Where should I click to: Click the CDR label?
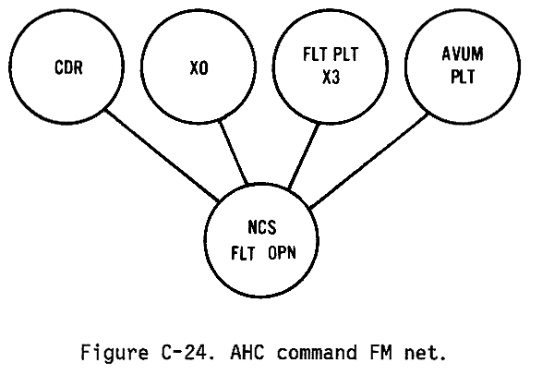68,67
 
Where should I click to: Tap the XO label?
199,67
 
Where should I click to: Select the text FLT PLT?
331,54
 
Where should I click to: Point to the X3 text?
331,77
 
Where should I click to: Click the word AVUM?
463,54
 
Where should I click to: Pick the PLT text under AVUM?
463,77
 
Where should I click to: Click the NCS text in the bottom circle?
262,227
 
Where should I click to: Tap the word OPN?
282,253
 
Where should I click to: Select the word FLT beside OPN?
243,253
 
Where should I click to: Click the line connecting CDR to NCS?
162,155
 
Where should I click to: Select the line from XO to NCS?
234,152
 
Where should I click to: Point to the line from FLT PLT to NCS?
304,157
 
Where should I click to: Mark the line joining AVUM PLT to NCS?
368,162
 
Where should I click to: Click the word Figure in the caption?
114,353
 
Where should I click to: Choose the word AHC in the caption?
247,353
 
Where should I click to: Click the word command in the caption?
317,353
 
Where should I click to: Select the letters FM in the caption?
381,353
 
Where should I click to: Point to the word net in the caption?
422,353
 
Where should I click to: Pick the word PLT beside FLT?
346,54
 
